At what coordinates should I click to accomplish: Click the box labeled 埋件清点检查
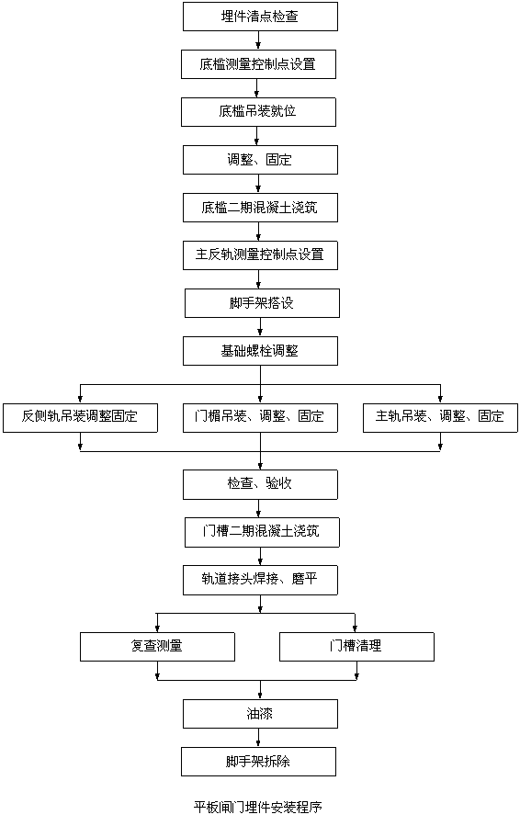260,17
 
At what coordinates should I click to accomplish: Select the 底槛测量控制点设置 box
259,64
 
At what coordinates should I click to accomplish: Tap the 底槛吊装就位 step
259,112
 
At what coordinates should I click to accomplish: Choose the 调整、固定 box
260,160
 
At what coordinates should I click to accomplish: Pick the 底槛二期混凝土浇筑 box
260,208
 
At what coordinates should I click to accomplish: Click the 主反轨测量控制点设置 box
260,255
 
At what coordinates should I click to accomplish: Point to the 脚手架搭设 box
262,303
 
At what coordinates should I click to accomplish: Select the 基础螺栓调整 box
260,351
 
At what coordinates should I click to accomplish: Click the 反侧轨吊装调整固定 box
80,418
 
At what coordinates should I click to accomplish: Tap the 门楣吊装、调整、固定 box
260,418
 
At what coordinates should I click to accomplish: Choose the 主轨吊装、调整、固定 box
440,418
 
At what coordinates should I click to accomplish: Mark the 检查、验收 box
260,484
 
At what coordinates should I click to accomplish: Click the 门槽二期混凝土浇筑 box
262,533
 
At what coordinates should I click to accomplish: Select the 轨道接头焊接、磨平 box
260,581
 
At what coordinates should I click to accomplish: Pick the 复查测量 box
157,647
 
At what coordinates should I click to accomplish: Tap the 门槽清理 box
356,647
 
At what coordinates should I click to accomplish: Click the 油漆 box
260,714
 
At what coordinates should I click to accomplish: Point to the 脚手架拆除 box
259,762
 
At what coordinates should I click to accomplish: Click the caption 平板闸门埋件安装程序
257,807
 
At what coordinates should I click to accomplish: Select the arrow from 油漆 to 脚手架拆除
259,738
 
